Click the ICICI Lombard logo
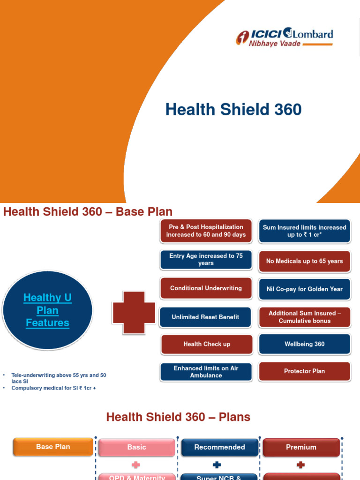pos(284,37)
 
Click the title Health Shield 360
pos(233,110)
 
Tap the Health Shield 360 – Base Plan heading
pos(88,211)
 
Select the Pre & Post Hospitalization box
pos(206,231)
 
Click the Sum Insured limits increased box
pos(305,231)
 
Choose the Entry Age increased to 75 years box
pos(206,260)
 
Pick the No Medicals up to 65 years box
pos(305,261)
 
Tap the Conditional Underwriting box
pos(206,288)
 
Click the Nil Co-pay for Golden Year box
pos(305,289)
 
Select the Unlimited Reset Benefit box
pos(205,317)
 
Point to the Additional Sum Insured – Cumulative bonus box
pos(305,317)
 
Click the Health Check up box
pos(207,344)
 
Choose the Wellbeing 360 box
pos(305,344)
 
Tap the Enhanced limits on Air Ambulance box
pos(206,372)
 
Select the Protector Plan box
pos(305,371)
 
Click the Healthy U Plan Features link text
pos(47,310)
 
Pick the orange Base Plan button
pos(53,447)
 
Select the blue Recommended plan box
pos(219,447)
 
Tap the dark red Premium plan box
pos(301,447)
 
